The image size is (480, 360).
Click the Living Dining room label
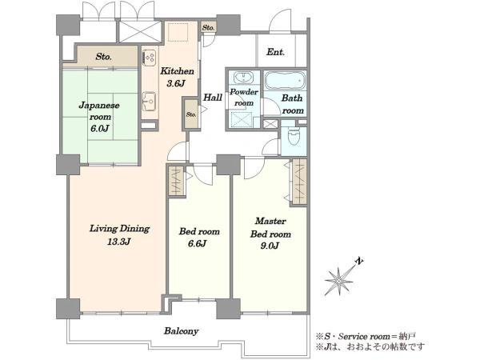coord(119,229)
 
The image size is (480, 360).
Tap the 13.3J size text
coord(119,242)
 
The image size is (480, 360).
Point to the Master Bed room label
coord(270,227)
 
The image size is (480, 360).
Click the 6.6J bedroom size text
coord(197,244)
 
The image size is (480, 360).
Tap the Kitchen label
coord(178,71)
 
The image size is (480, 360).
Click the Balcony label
coord(182,331)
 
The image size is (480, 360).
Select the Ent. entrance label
coord(275,52)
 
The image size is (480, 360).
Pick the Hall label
coord(213,98)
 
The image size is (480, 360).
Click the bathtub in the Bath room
coord(285,81)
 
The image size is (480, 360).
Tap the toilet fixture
coord(294,136)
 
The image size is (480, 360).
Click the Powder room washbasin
coord(244,77)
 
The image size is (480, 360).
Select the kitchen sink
coord(150,100)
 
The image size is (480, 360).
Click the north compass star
coord(338,281)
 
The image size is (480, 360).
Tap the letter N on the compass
coord(359,261)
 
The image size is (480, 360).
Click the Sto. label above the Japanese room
coord(103,57)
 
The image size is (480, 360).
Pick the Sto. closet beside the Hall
coord(191,114)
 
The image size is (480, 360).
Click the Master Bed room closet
coord(299,182)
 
